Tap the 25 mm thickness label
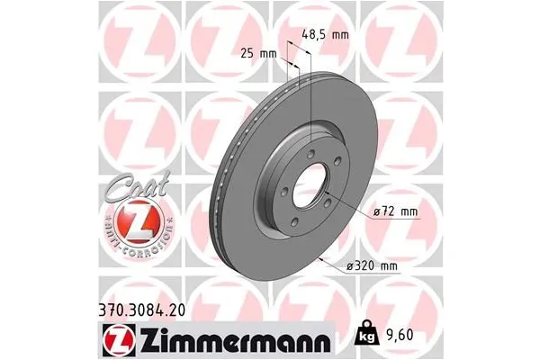(260, 55)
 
